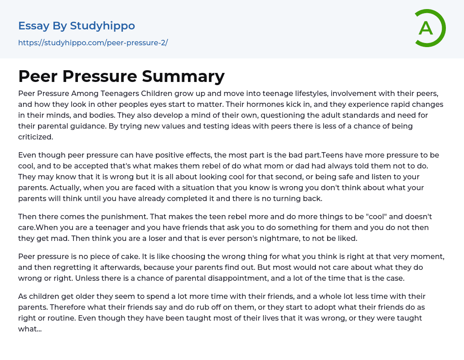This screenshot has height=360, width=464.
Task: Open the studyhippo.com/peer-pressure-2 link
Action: pos(93,43)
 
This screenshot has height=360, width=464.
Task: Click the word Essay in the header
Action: pos(34,26)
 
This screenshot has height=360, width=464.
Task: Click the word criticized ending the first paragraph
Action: pos(35,137)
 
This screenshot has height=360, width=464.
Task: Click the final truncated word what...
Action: pos(29,329)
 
